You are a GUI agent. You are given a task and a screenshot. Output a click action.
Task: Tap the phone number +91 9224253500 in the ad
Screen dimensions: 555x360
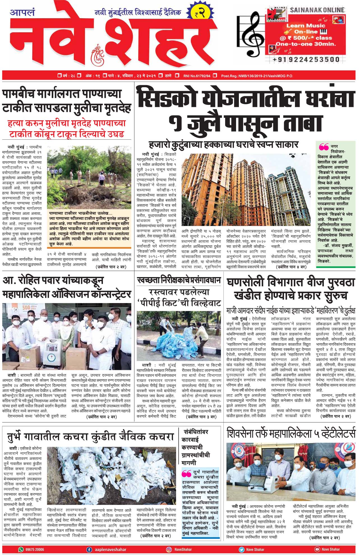pos(306,59)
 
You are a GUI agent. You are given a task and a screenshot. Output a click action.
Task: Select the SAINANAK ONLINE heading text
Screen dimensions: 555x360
pos(317,10)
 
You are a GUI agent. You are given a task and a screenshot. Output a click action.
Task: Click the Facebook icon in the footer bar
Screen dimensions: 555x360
pos(89,549)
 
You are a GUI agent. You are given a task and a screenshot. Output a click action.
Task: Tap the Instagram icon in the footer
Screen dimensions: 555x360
pos(169,549)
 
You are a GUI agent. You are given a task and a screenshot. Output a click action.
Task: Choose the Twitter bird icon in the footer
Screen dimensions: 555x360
pos(241,549)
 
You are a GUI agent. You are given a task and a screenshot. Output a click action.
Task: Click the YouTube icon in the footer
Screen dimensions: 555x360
pos(317,549)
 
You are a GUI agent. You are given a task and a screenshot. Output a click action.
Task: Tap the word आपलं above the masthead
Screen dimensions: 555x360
pos(22,13)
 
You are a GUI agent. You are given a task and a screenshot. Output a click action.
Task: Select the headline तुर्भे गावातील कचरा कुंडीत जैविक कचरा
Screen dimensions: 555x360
pos(90,437)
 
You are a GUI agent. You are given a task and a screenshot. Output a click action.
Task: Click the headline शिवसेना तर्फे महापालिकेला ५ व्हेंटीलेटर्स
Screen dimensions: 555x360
pos(291,434)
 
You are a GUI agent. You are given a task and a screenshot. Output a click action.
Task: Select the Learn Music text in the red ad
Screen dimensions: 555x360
pos(301,26)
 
